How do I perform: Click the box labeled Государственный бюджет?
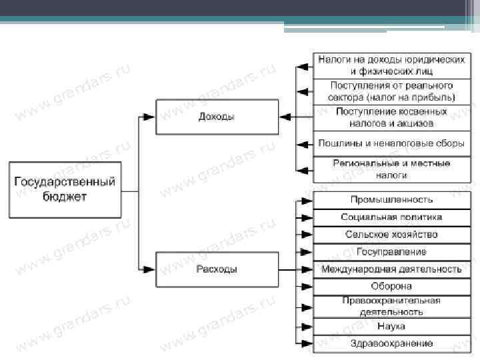click(65, 189)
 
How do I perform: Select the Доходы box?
click(216, 117)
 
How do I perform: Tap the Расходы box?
click(216, 269)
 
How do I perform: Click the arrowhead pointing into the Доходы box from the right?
click(285, 117)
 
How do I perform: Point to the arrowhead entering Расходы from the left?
click(149, 269)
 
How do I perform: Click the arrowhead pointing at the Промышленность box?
click(306, 199)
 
